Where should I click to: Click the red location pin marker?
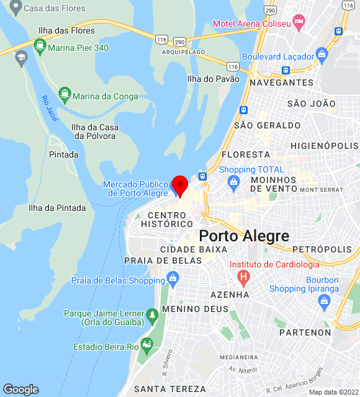coord(180,185)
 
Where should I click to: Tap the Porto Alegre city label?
coord(244,236)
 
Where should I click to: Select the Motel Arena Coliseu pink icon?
coord(299,23)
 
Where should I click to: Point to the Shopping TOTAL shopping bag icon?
coord(233,182)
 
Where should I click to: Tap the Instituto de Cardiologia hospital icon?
coord(244,275)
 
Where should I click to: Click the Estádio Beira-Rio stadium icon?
coord(146,344)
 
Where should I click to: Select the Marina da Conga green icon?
coord(65,96)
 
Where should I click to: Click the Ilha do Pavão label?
coord(213,79)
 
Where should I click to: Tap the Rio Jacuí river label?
coord(48,109)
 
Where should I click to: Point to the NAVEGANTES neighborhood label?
coord(281,83)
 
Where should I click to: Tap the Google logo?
coord(20,389)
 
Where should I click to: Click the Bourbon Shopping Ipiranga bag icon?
coord(323,301)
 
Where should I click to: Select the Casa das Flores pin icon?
coord(15,7)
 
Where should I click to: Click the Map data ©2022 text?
coord(333,391)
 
